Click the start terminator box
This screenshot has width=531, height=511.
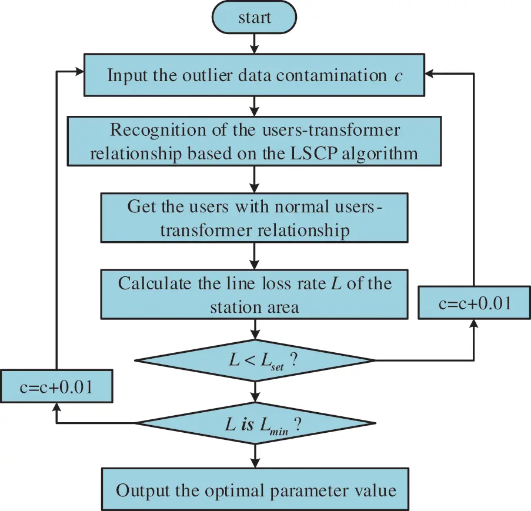click(255, 17)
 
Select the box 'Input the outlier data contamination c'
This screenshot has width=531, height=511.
click(255, 75)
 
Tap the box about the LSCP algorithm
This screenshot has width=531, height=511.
click(255, 141)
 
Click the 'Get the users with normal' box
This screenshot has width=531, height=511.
click(255, 218)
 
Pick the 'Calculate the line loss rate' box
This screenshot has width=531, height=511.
click(255, 294)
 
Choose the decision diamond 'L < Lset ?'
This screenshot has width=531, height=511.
click(255, 360)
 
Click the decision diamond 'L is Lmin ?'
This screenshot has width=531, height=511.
click(255, 423)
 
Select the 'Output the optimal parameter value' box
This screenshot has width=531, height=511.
click(255, 489)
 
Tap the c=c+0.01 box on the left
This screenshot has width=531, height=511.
click(56, 386)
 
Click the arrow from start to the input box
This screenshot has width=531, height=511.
click(255, 43)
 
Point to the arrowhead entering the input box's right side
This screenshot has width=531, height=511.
click(430, 74)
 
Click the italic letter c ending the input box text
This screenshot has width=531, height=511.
click(398, 76)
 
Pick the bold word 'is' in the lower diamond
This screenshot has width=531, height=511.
click(247, 424)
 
